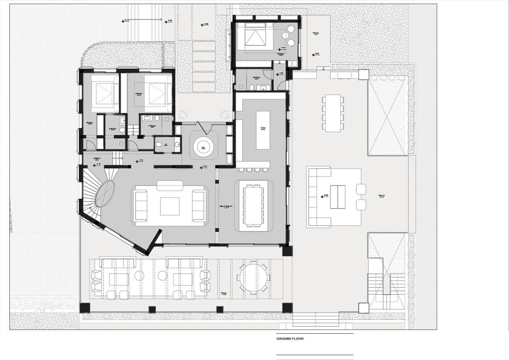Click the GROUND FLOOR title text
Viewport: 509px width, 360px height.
coord(290,339)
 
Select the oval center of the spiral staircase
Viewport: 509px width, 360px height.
coord(104,194)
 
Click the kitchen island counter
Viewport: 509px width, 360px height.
coord(263,130)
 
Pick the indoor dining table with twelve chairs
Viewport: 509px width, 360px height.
coord(253,205)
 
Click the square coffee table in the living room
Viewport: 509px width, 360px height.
coord(170,207)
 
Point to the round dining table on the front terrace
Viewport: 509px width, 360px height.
coord(253,278)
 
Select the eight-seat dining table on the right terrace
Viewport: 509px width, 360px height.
coord(333,113)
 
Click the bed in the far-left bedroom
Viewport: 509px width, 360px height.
coord(102,93)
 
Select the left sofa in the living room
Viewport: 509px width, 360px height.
coord(141,206)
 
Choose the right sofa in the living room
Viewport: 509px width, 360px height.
coord(199,206)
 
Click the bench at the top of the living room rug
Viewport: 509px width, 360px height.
coord(170,186)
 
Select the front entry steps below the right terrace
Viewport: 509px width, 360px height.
coord(315,319)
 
